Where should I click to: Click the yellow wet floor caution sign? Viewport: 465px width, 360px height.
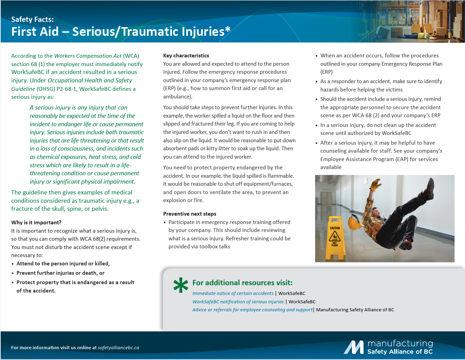click(x=335, y=238)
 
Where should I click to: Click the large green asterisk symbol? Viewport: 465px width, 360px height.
click(x=181, y=285)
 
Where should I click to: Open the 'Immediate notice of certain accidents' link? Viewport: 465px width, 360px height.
click(x=233, y=293)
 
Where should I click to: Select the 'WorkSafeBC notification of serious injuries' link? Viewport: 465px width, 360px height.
click(x=238, y=302)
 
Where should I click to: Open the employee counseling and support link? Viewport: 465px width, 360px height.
click(x=252, y=310)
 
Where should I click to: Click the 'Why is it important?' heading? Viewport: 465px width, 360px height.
click(x=36, y=222)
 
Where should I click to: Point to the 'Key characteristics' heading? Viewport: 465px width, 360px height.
click(x=186, y=56)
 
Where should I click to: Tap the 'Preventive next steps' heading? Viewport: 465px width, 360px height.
click(x=190, y=214)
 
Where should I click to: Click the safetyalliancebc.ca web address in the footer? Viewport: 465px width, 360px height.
click(x=118, y=347)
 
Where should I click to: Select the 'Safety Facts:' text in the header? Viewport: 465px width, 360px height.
click(x=32, y=19)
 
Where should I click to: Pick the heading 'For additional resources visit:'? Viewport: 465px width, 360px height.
click(x=242, y=283)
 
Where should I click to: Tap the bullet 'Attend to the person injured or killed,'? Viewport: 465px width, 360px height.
click(x=63, y=263)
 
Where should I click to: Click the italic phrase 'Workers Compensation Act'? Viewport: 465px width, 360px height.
click(x=88, y=56)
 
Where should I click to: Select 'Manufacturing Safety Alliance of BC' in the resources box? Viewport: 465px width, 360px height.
click(x=355, y=310)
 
